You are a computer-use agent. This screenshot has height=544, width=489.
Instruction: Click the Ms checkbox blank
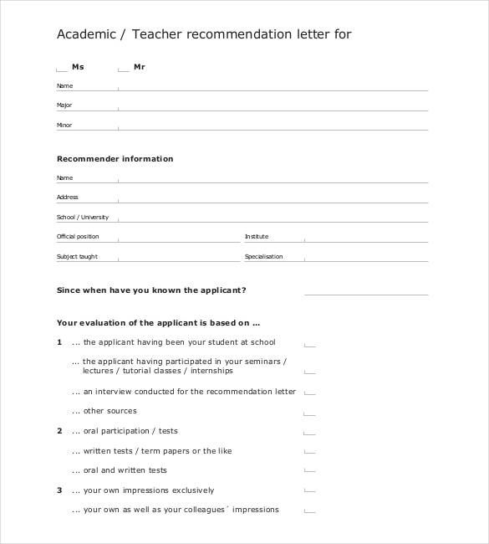61,69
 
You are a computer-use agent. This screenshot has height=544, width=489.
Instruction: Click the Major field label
64,105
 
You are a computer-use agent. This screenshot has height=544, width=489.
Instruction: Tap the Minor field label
64,126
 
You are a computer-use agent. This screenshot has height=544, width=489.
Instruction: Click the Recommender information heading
115,159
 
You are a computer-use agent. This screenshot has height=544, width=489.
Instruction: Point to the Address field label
67,198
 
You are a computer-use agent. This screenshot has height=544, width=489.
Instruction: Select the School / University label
83,217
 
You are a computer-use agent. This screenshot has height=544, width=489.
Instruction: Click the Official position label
78,237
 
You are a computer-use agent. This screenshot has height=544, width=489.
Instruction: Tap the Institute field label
257,237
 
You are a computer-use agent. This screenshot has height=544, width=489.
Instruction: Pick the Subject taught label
77,257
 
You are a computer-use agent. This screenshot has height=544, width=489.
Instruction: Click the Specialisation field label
263,257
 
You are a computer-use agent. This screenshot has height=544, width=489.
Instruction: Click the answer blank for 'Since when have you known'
366,292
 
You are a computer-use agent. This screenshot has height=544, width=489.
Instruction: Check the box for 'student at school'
309,344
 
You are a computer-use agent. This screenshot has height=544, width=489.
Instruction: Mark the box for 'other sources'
309,413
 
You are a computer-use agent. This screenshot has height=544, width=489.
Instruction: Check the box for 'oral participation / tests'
309,433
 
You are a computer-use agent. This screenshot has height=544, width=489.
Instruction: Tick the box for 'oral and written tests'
309,472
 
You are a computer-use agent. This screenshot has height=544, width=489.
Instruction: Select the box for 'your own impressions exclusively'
309,492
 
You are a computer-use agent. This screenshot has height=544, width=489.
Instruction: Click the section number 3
59,490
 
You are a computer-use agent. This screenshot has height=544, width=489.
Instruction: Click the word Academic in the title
84,35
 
